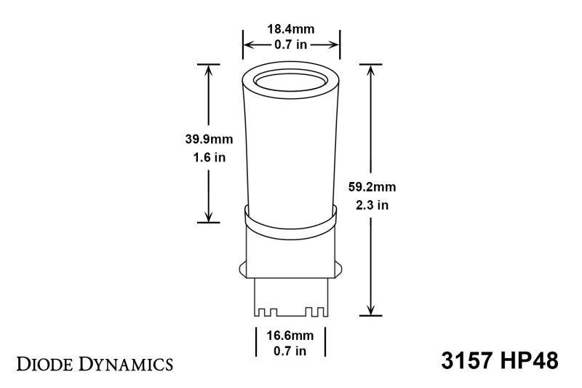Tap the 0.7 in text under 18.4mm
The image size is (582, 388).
coord(291,45)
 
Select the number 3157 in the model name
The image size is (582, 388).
coord(469,361)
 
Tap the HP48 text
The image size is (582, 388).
coord(530,361)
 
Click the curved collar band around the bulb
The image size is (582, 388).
coord(291,219)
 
